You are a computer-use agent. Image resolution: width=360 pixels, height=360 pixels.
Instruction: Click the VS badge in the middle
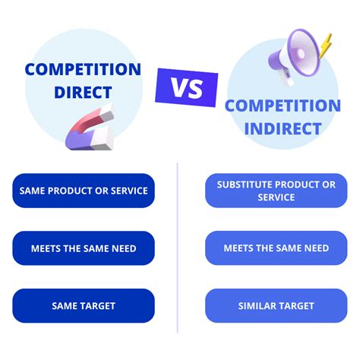[x=186, y=88]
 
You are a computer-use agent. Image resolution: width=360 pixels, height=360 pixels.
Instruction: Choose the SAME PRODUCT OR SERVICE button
[x=84, y=190]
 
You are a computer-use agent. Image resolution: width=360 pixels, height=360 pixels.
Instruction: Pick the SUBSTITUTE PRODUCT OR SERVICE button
[x=276, y=190]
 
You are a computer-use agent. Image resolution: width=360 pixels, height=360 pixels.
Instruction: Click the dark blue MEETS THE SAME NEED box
[x=84, y=248]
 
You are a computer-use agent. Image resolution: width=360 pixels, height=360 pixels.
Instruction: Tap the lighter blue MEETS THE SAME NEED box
[x=276, y=248]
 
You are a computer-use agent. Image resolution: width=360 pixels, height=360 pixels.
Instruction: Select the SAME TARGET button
[x=84, y=306]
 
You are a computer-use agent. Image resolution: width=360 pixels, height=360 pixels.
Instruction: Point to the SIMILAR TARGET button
[x=276, y=306]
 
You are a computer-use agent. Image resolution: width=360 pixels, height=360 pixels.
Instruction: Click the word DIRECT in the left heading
[x=83, y=93]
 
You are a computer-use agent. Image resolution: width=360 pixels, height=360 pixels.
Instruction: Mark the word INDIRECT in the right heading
[x=283, y=129]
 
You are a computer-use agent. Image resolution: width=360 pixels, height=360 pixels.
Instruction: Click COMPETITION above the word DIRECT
[x=83, y=70]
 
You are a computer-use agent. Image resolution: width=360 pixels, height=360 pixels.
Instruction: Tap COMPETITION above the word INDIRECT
[x=283, y=106]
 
